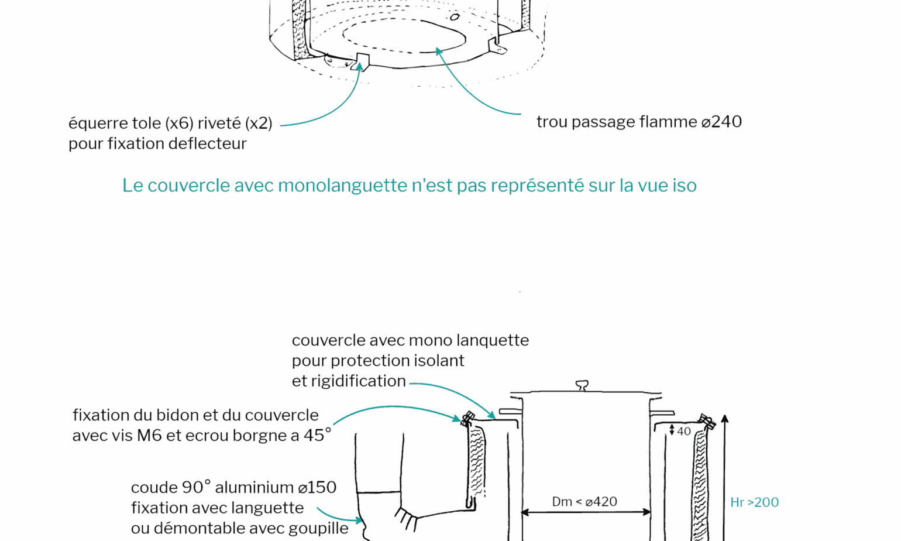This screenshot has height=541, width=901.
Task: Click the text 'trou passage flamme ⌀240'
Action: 639,122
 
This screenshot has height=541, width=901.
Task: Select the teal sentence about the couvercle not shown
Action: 409,186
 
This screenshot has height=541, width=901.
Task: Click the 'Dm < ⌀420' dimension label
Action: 584,502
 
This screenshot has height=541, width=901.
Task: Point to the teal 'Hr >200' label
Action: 754,502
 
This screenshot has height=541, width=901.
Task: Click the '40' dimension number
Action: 683,432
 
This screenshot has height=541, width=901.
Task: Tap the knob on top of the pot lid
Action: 582,385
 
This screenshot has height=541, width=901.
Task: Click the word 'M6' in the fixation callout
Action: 149,436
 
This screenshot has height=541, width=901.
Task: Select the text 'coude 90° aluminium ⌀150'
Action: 233,487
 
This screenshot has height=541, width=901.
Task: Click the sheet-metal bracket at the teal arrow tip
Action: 363,61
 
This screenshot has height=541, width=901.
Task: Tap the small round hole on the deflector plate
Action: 455,18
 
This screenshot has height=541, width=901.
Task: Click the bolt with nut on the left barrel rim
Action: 467,419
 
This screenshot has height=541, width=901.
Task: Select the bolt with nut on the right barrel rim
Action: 707,422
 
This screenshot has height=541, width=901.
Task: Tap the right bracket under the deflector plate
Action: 497,46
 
